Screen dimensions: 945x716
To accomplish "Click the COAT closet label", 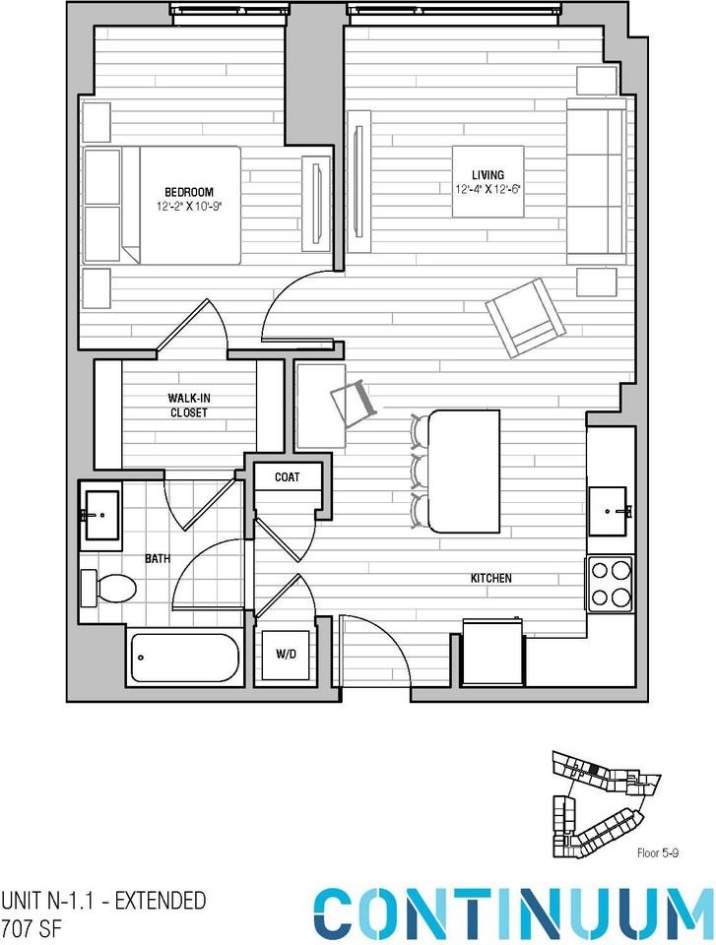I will coord(287,477).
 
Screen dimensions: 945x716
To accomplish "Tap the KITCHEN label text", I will coord(490,578).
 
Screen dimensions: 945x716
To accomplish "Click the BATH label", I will coord(158,558).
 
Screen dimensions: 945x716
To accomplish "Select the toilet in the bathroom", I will coord(108,588).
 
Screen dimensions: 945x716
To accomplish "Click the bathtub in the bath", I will coord(185,658).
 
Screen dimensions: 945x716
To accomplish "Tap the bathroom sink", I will coord(101,515).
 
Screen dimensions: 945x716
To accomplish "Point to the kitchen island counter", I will coord(465,472).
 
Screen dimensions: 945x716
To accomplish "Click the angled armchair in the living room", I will coord(525,316).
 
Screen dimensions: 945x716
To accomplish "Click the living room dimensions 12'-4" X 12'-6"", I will coord(487,189).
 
